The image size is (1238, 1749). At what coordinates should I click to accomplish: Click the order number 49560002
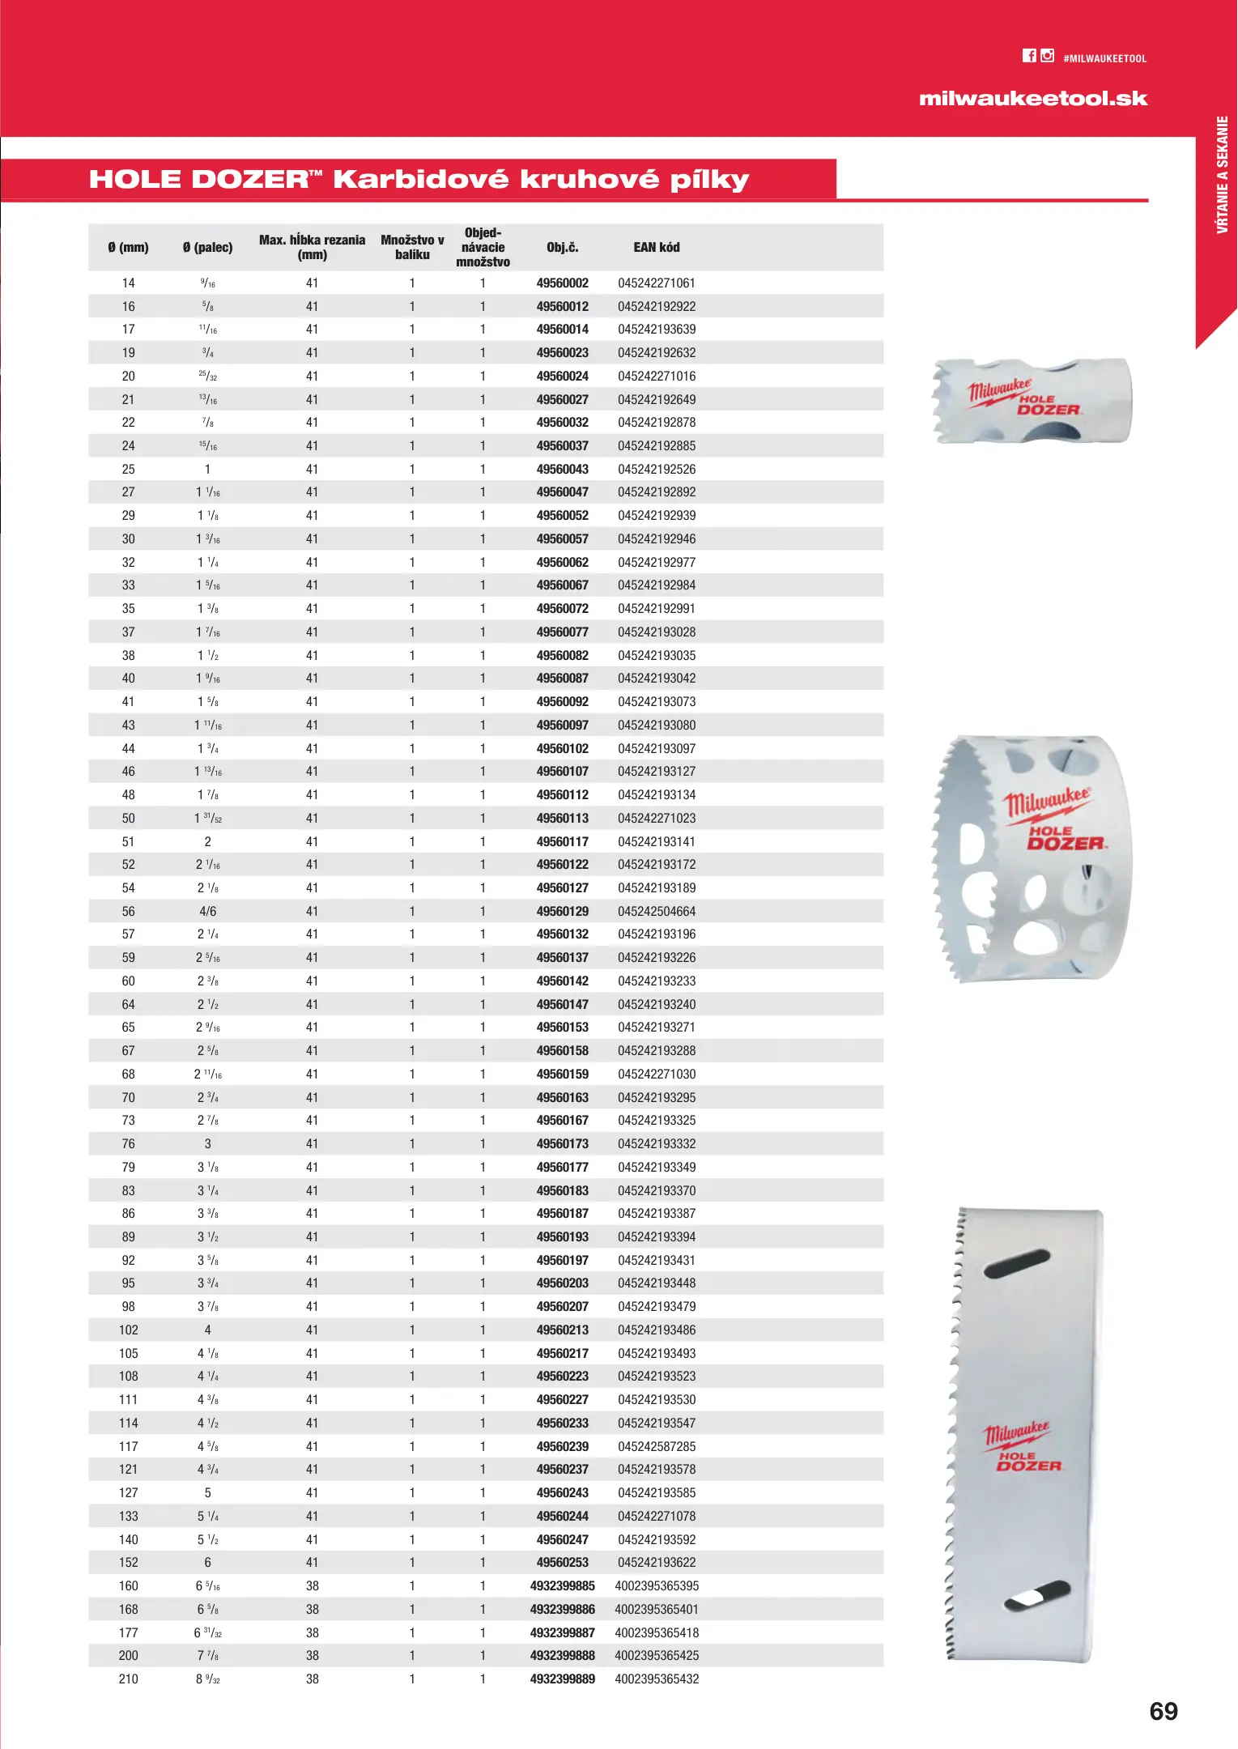point(562,283)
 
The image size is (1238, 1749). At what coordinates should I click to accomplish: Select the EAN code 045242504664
point(656,912)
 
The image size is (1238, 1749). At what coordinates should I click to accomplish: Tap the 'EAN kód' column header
point(656,248)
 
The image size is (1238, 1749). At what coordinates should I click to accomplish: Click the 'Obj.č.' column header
point(562,248)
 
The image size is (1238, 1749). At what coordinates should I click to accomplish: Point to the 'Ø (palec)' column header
point(207,248)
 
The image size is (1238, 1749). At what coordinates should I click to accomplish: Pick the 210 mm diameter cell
point(129,1679)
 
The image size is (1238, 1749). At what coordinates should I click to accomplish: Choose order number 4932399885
point(562,1586)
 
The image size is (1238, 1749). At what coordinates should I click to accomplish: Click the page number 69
point(1164,1712)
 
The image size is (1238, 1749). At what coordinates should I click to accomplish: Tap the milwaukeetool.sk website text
point(1033,99)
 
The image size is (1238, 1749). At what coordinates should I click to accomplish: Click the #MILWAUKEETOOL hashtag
point(1104,59)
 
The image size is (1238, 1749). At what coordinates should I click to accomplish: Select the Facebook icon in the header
point(1029,56)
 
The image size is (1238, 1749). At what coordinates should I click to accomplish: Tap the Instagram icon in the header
point(1048,56)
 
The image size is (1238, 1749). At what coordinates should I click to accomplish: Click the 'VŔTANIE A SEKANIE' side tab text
point(1222,175)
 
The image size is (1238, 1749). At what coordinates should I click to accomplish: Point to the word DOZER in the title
point(251,180)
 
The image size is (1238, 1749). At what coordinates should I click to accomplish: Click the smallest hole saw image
point(1032,401)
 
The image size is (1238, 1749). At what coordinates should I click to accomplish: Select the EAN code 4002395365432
point(656,1679)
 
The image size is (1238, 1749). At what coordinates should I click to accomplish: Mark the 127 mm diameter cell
point(129,1493)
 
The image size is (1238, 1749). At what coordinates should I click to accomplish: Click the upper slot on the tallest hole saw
point(1017,1264)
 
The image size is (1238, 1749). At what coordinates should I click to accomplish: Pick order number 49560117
point(562,842)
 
